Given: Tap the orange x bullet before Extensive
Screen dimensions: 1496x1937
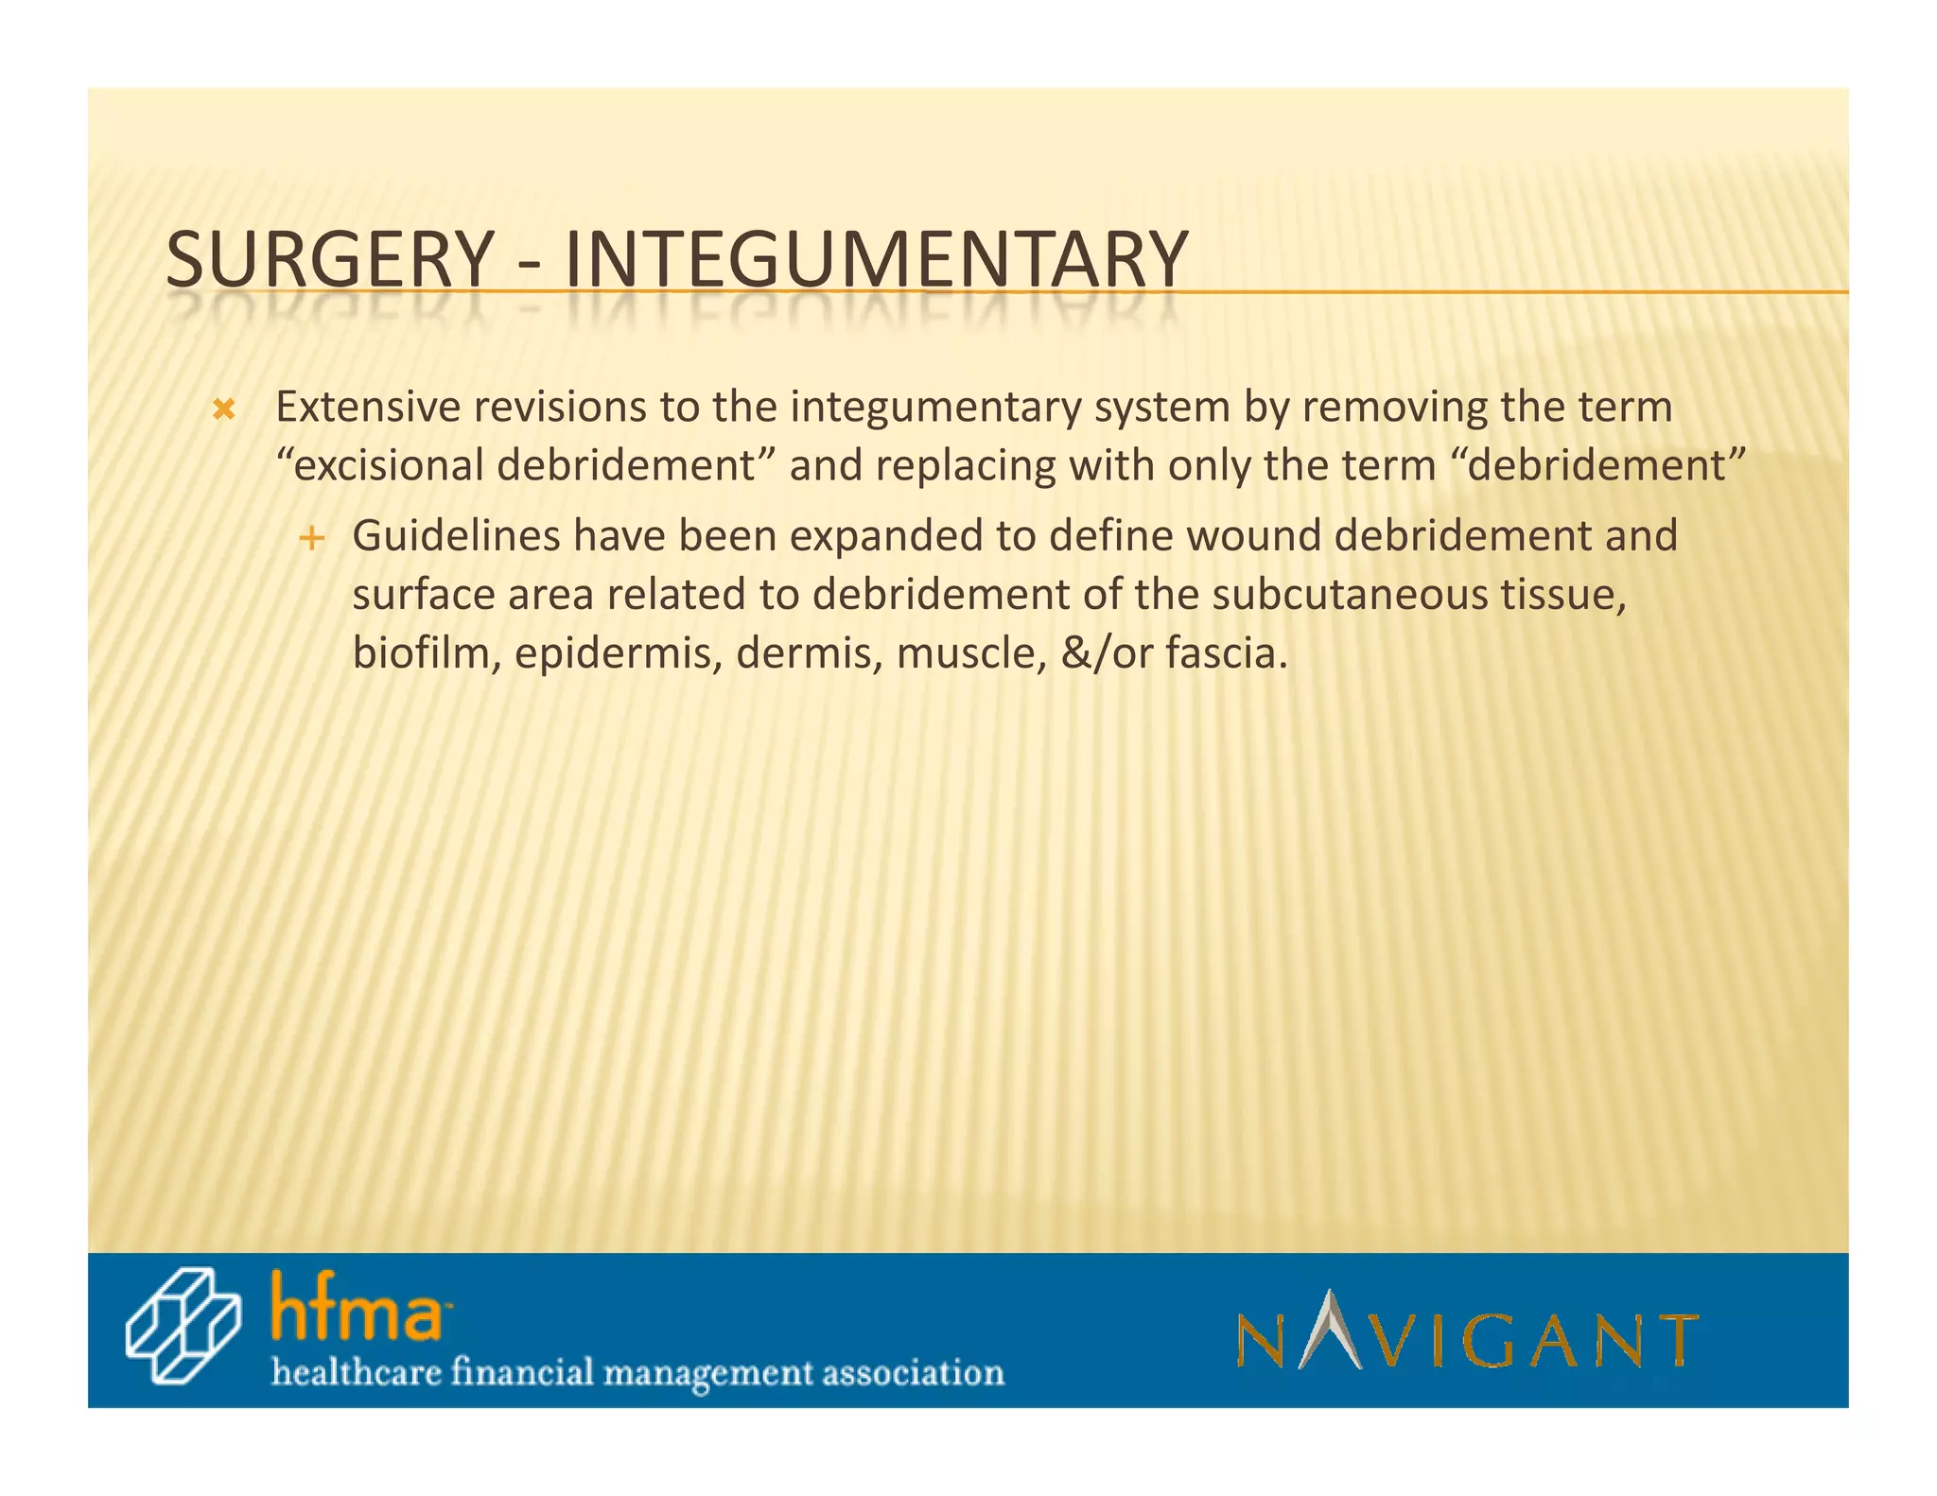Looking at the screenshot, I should click(223, 410).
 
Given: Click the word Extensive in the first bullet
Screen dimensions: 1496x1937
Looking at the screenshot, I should click(368, 408).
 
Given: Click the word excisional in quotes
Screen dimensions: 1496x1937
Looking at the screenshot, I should click(389, 466).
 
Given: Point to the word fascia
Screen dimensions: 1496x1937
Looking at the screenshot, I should click(1226, 653).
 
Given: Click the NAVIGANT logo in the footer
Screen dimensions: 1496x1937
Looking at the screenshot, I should click(1467, 1332).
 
